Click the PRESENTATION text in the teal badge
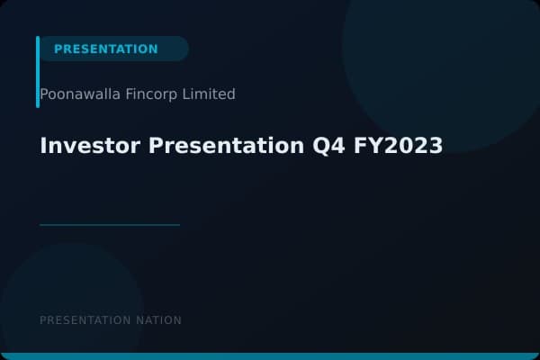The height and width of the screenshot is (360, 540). click(x=105, y=49)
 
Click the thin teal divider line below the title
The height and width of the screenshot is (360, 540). click(x=110, y=225)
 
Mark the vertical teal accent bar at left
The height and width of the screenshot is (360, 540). click(x=38, y=72)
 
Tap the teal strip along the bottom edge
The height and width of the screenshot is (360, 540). click(x=270, y=356)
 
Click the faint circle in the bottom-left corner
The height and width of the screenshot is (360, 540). click(x=72, y=306)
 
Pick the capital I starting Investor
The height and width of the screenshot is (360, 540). click(x=43, y=146)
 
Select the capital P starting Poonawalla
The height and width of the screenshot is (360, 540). click(x=44, y=94)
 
